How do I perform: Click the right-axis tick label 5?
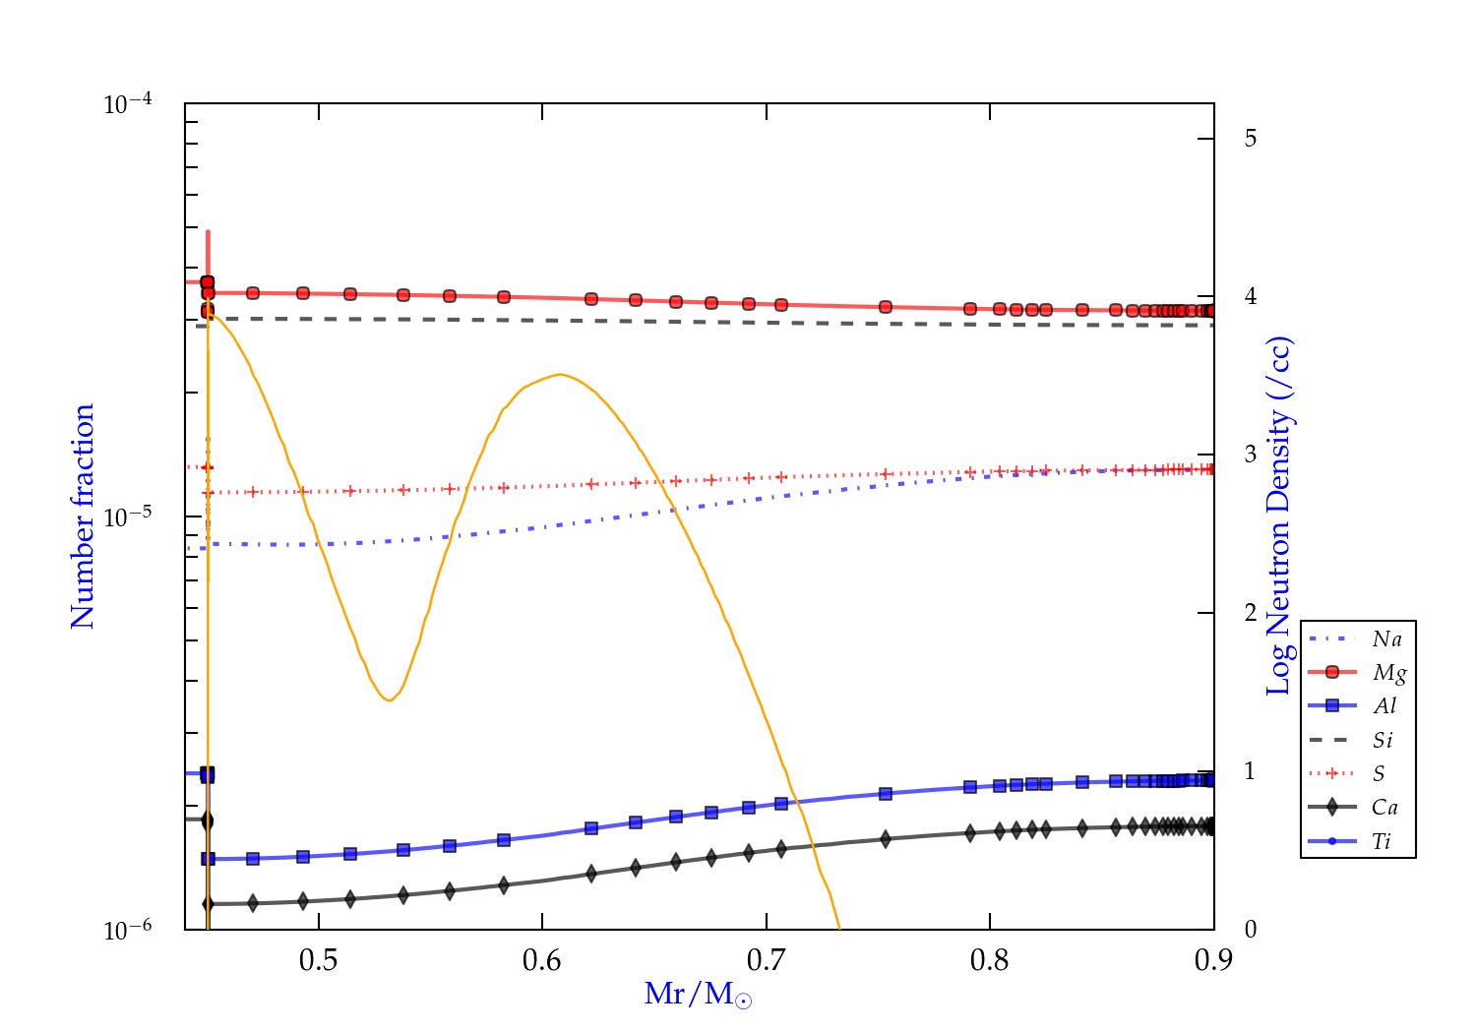coord(1250,139)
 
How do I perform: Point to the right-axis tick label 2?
coord(1250,613)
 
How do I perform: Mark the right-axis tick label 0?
coord(1250,930)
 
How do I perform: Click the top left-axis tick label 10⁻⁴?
coord(127,104)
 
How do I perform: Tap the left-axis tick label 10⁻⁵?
coord(127,517)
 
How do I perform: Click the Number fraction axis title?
coord(83,516)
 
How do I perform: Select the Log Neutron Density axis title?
coord(1279,516)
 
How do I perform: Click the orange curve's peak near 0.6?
coord(560,374)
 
